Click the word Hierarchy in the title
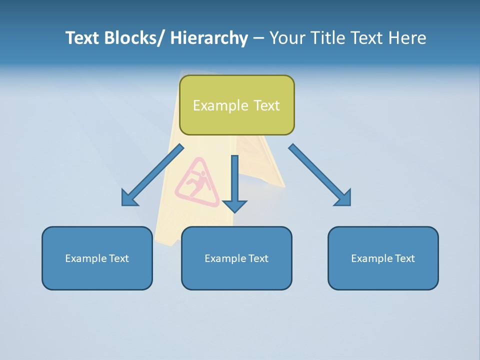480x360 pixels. [209, 38]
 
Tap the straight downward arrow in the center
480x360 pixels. [234, 180]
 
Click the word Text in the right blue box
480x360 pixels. [404, 258]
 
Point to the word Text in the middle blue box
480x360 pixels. [258, 258]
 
